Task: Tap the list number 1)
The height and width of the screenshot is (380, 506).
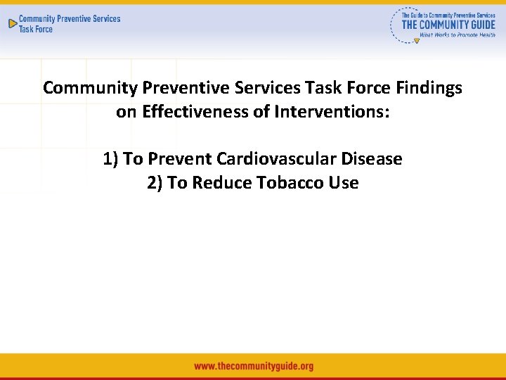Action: (x=110, y=159)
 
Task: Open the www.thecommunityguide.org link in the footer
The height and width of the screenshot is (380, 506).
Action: (x=253, y=366)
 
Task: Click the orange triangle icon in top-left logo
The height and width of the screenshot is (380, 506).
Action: (x=12, y=23)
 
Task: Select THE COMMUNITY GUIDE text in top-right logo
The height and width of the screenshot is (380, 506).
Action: (x=448, y=24)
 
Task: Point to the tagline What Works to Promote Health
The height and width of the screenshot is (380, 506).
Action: (x=457, y=34)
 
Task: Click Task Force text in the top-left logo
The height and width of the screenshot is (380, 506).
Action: (x=35, y=30)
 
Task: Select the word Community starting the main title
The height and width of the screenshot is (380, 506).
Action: (x=90, y=88)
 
